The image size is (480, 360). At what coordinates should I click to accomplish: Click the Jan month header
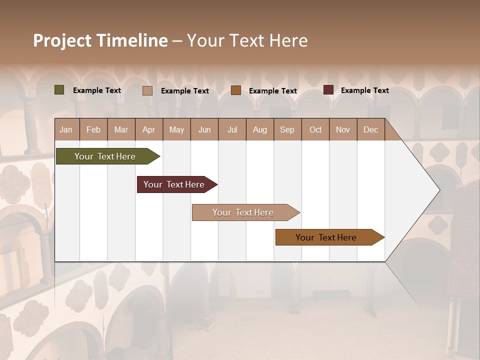(x=66, y=129)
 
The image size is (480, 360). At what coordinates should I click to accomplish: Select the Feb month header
(x=93, y=129)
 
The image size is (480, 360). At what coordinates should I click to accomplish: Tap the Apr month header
(x=148, y=129)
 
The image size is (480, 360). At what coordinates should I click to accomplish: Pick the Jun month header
(x=204, y=129)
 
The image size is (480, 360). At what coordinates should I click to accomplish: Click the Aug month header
(x=259, y=129)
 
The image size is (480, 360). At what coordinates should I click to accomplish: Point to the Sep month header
(x=287, y=129)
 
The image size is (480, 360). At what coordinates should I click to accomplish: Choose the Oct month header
(x=315, y=129)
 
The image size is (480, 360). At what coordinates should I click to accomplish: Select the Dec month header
(x=370, y=129)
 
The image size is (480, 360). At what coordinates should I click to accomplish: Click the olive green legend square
(x=59, y=90)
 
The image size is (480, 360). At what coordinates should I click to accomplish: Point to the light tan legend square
(x=147, y=90)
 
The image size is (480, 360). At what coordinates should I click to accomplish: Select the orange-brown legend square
(x=236, y=90)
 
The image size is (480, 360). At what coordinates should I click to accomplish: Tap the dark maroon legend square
(x=328, y=90)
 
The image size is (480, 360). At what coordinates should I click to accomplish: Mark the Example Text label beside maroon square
(x=364, y=90)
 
